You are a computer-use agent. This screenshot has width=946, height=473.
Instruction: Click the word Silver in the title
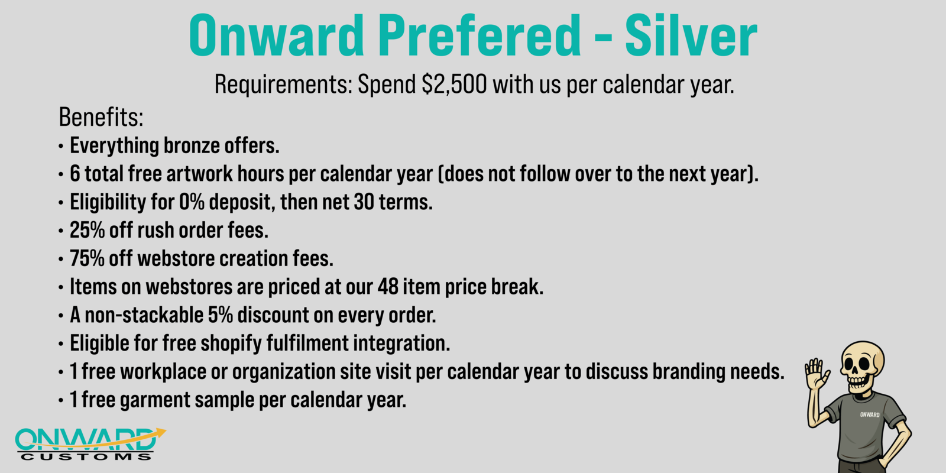point(691,36)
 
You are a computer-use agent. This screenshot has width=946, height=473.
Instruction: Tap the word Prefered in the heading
point(480,36)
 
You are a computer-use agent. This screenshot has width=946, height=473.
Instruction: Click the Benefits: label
point(101,116)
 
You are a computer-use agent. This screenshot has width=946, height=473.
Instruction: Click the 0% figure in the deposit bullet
point(192,202)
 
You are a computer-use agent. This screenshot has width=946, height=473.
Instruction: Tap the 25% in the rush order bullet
point(87,230)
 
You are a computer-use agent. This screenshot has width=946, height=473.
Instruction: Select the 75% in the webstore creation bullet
point(87,258)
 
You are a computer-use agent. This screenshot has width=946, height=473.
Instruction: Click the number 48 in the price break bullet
point(388,287)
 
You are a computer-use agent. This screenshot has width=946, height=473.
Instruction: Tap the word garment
point(155,400)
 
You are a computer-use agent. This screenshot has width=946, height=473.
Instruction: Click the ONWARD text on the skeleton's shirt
point(870,414)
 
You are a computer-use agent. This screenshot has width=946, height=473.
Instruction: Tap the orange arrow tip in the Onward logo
point(166,431)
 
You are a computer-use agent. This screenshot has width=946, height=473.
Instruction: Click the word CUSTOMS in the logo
point(86,457)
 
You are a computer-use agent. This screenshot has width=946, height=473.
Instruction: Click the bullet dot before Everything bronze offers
point(61,147)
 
